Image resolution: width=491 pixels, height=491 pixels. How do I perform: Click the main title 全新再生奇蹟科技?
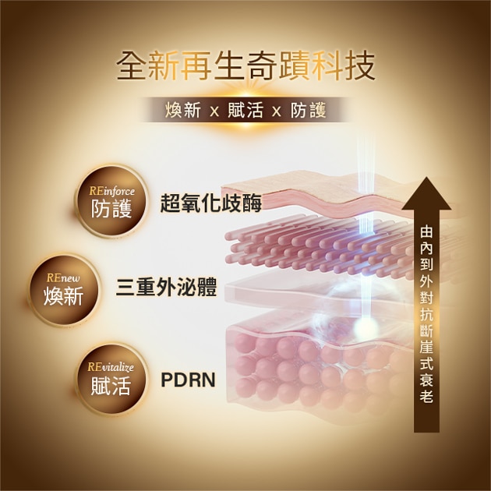245,66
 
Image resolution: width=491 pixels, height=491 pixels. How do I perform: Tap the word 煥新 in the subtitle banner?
183,111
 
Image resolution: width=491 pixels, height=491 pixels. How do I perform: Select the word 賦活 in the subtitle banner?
245,111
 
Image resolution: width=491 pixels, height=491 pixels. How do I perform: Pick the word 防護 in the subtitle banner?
309,111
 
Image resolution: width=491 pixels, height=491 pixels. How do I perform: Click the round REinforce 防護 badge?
111,200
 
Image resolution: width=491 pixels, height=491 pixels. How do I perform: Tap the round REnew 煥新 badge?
64,289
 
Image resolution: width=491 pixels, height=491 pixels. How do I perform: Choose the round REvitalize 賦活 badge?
111,379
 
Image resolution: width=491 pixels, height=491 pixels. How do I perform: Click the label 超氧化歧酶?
210,203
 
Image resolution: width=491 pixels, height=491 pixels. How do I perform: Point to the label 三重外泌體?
166,287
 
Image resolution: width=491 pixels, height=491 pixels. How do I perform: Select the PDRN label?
188,380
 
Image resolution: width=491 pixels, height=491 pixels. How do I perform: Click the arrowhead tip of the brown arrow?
426,178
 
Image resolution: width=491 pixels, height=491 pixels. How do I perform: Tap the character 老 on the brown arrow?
426,396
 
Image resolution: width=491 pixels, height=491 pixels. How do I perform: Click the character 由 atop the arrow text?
426,231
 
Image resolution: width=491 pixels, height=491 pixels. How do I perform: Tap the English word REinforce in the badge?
111,191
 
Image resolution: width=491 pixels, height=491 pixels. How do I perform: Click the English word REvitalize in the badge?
111,367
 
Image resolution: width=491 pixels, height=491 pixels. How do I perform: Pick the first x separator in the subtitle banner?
214,111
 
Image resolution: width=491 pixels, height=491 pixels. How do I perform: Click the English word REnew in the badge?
63,278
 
